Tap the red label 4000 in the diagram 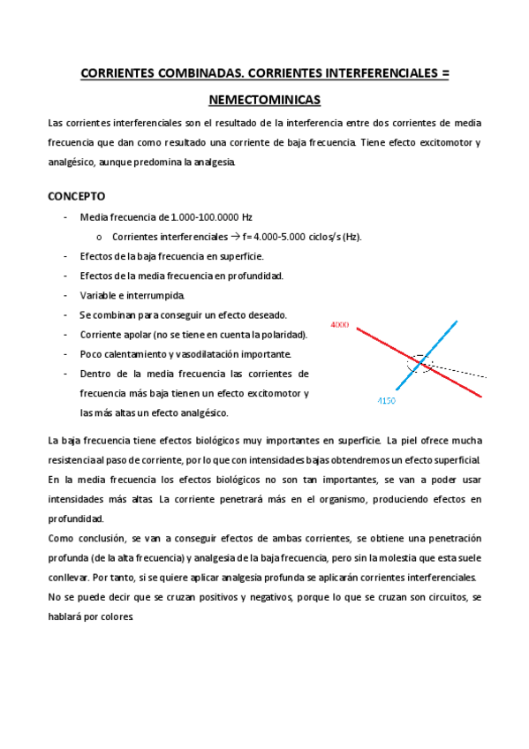339,326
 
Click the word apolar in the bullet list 134,335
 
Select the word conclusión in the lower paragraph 102,538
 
